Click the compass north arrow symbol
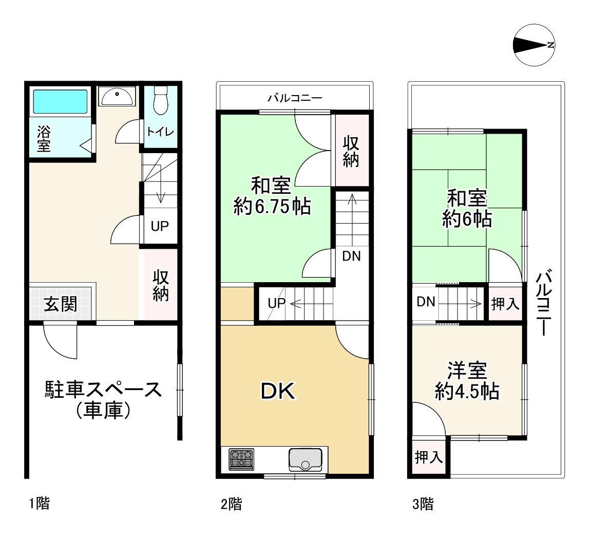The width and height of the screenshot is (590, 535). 534,45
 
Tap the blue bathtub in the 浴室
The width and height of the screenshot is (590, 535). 60,101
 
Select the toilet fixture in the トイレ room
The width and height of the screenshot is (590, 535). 161,100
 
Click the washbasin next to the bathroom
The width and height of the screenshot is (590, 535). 117,97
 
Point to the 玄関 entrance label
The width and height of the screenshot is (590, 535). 60,304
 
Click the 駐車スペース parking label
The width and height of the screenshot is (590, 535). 104,390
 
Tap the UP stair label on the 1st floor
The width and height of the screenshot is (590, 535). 160,226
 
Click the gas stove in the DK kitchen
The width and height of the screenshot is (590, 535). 241,459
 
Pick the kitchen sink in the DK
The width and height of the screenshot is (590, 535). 306,459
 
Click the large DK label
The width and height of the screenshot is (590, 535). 278,391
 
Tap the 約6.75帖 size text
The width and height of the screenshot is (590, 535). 272,206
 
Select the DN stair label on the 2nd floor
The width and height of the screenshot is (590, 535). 351,256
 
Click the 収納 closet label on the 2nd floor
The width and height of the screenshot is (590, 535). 351,151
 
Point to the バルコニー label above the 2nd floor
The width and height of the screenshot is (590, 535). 295,98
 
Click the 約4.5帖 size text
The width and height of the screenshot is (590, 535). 467,391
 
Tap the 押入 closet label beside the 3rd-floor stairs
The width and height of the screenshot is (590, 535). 505,303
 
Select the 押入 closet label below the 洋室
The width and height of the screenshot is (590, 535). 429,457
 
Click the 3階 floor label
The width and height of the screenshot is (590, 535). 423,504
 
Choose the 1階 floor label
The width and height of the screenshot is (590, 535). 40,503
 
